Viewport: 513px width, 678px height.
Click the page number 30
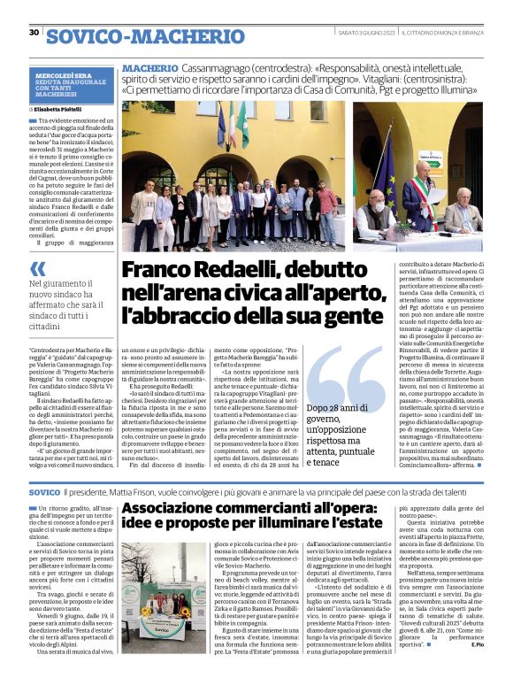pyautogui.click(x=34, y=33)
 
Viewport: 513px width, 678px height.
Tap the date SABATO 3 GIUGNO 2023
pyautogui.click(x=363, y=34)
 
